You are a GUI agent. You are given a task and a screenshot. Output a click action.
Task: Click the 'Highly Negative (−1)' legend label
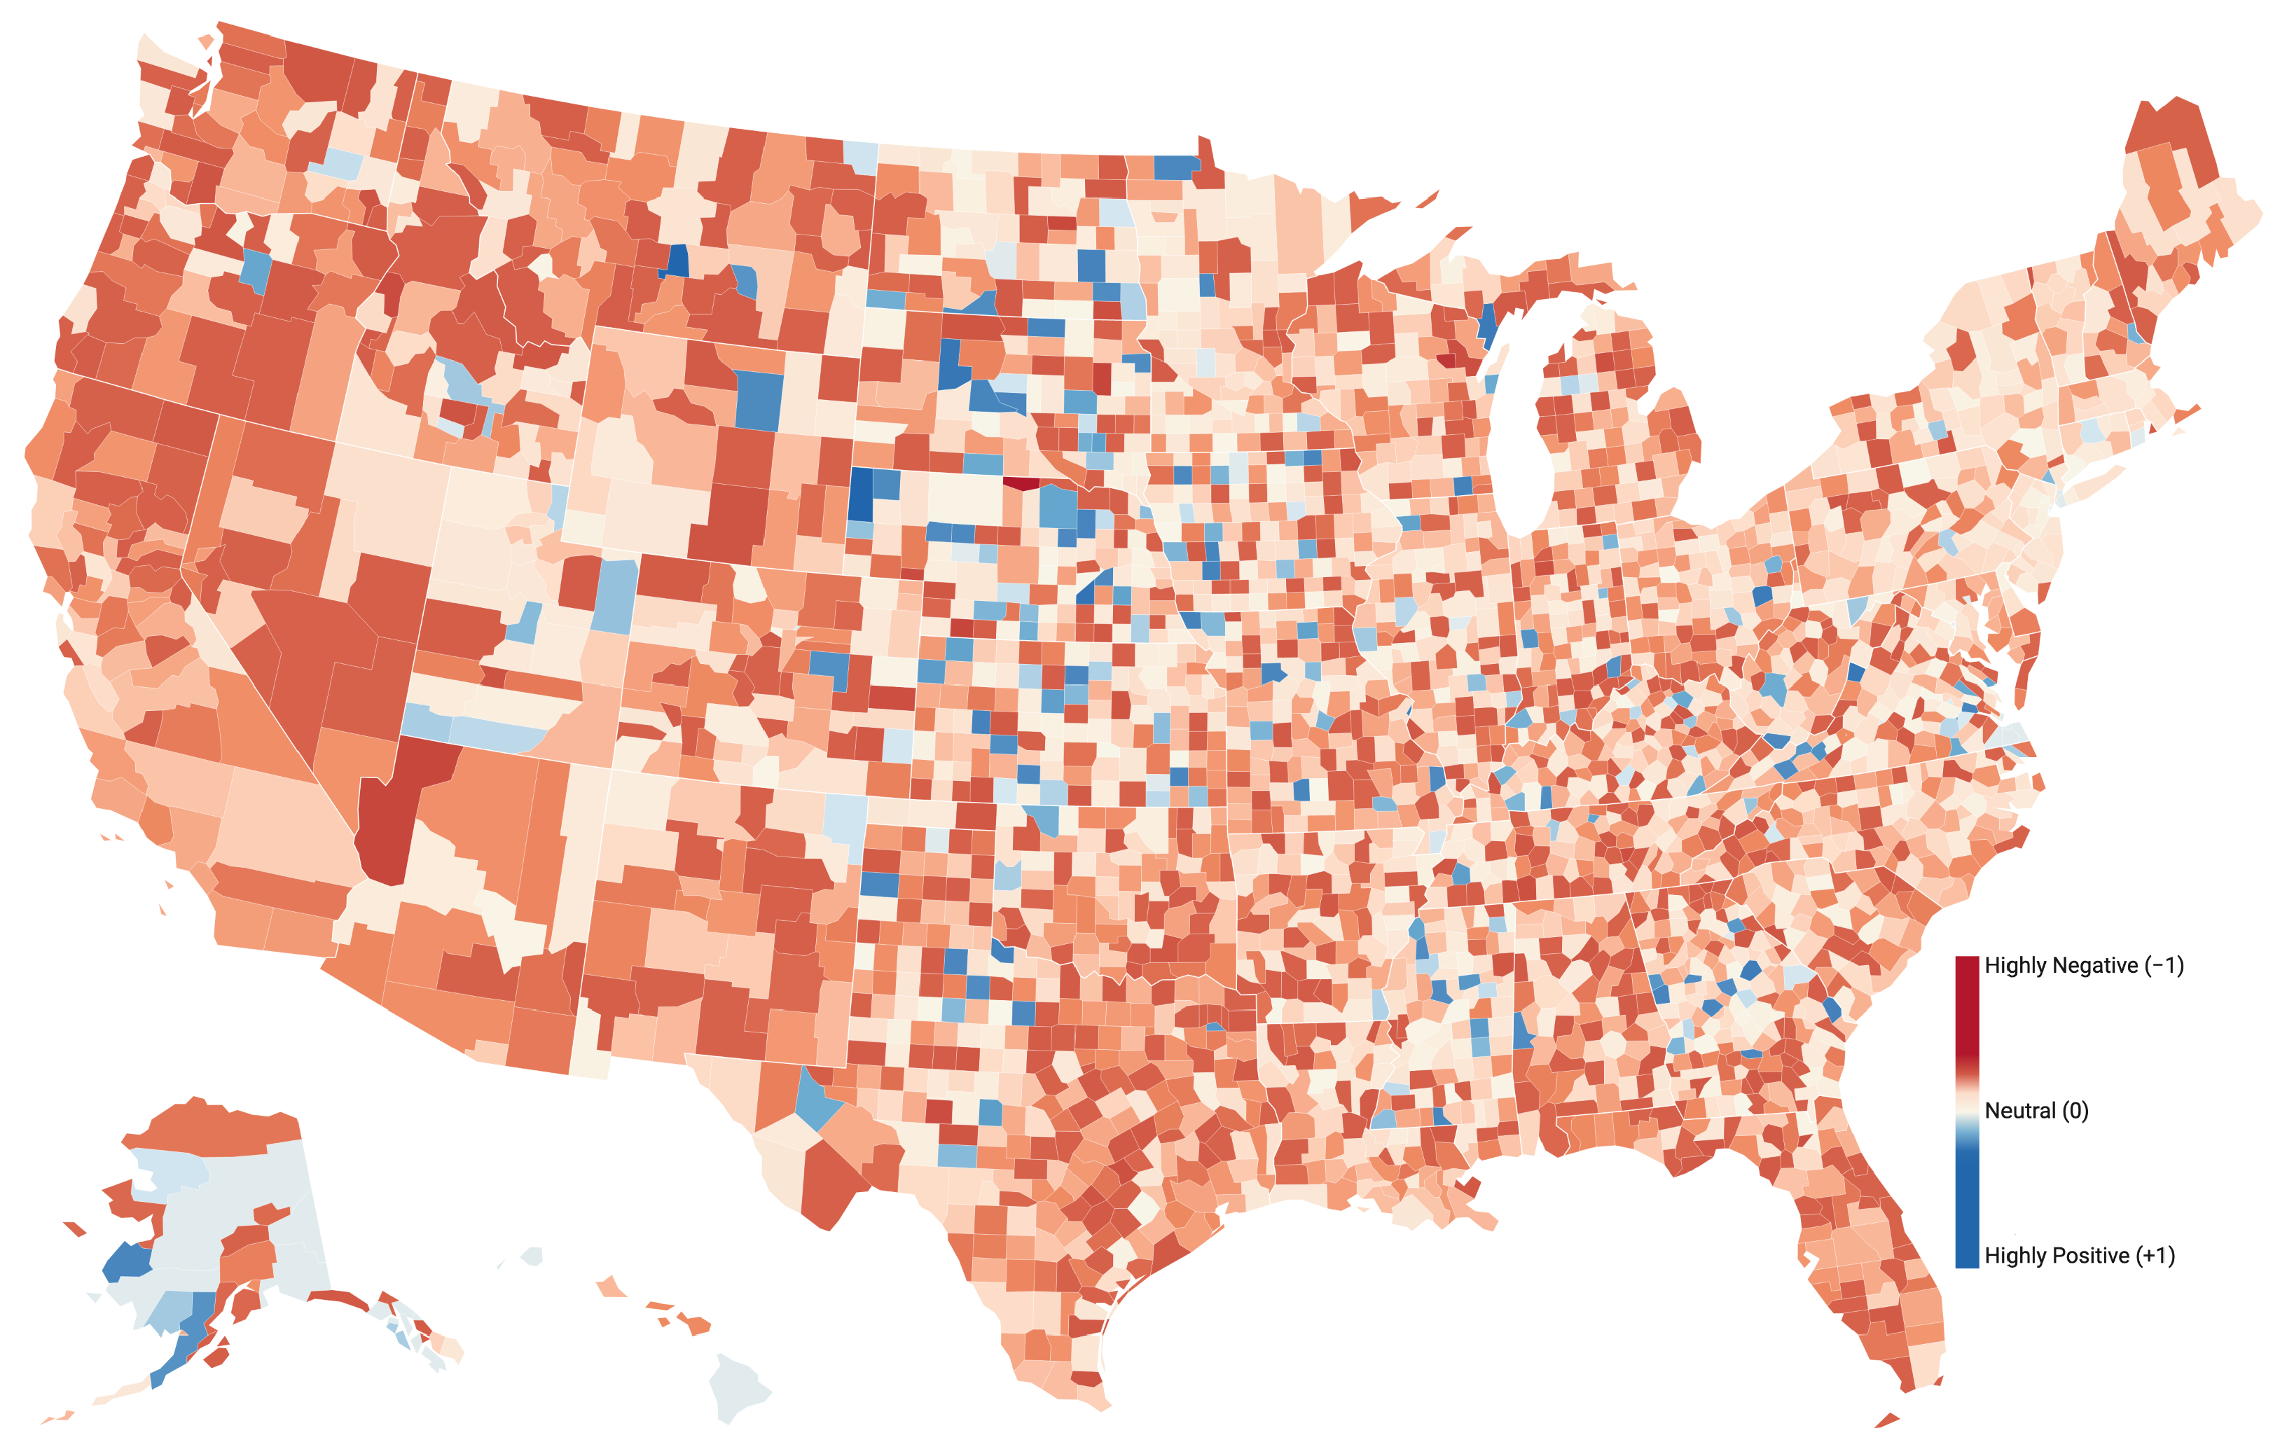(2084, 966)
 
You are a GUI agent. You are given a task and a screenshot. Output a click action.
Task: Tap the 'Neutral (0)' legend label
(2036, 1110)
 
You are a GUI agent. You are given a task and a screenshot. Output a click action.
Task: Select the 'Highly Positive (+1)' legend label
(2079, 1256)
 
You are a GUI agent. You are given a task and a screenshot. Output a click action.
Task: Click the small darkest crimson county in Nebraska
(1022, 483)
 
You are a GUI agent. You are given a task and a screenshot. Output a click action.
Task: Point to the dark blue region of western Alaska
(126, 1262)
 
